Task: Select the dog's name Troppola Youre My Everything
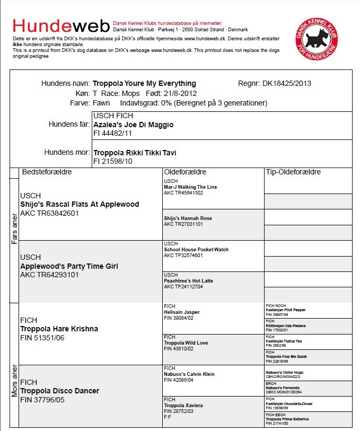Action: pos(144,84)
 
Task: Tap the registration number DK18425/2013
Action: pos(286,84)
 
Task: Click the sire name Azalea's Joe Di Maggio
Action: pos(133,125)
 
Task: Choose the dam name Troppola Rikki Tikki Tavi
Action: pos(135,153)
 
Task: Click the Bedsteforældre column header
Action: pos(47,172)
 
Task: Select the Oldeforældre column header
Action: pos(185,172)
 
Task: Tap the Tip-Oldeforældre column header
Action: pos(293,172)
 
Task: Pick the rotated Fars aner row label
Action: pos(14,229)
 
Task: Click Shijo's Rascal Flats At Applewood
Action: pos(80,204)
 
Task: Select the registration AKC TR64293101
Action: pos(49,275)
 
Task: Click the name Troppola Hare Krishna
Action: pos(59,329)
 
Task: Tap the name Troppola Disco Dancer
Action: pos(60,391)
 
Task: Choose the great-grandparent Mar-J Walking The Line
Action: pos(190,187)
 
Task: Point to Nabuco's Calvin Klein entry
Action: pos(189,374)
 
